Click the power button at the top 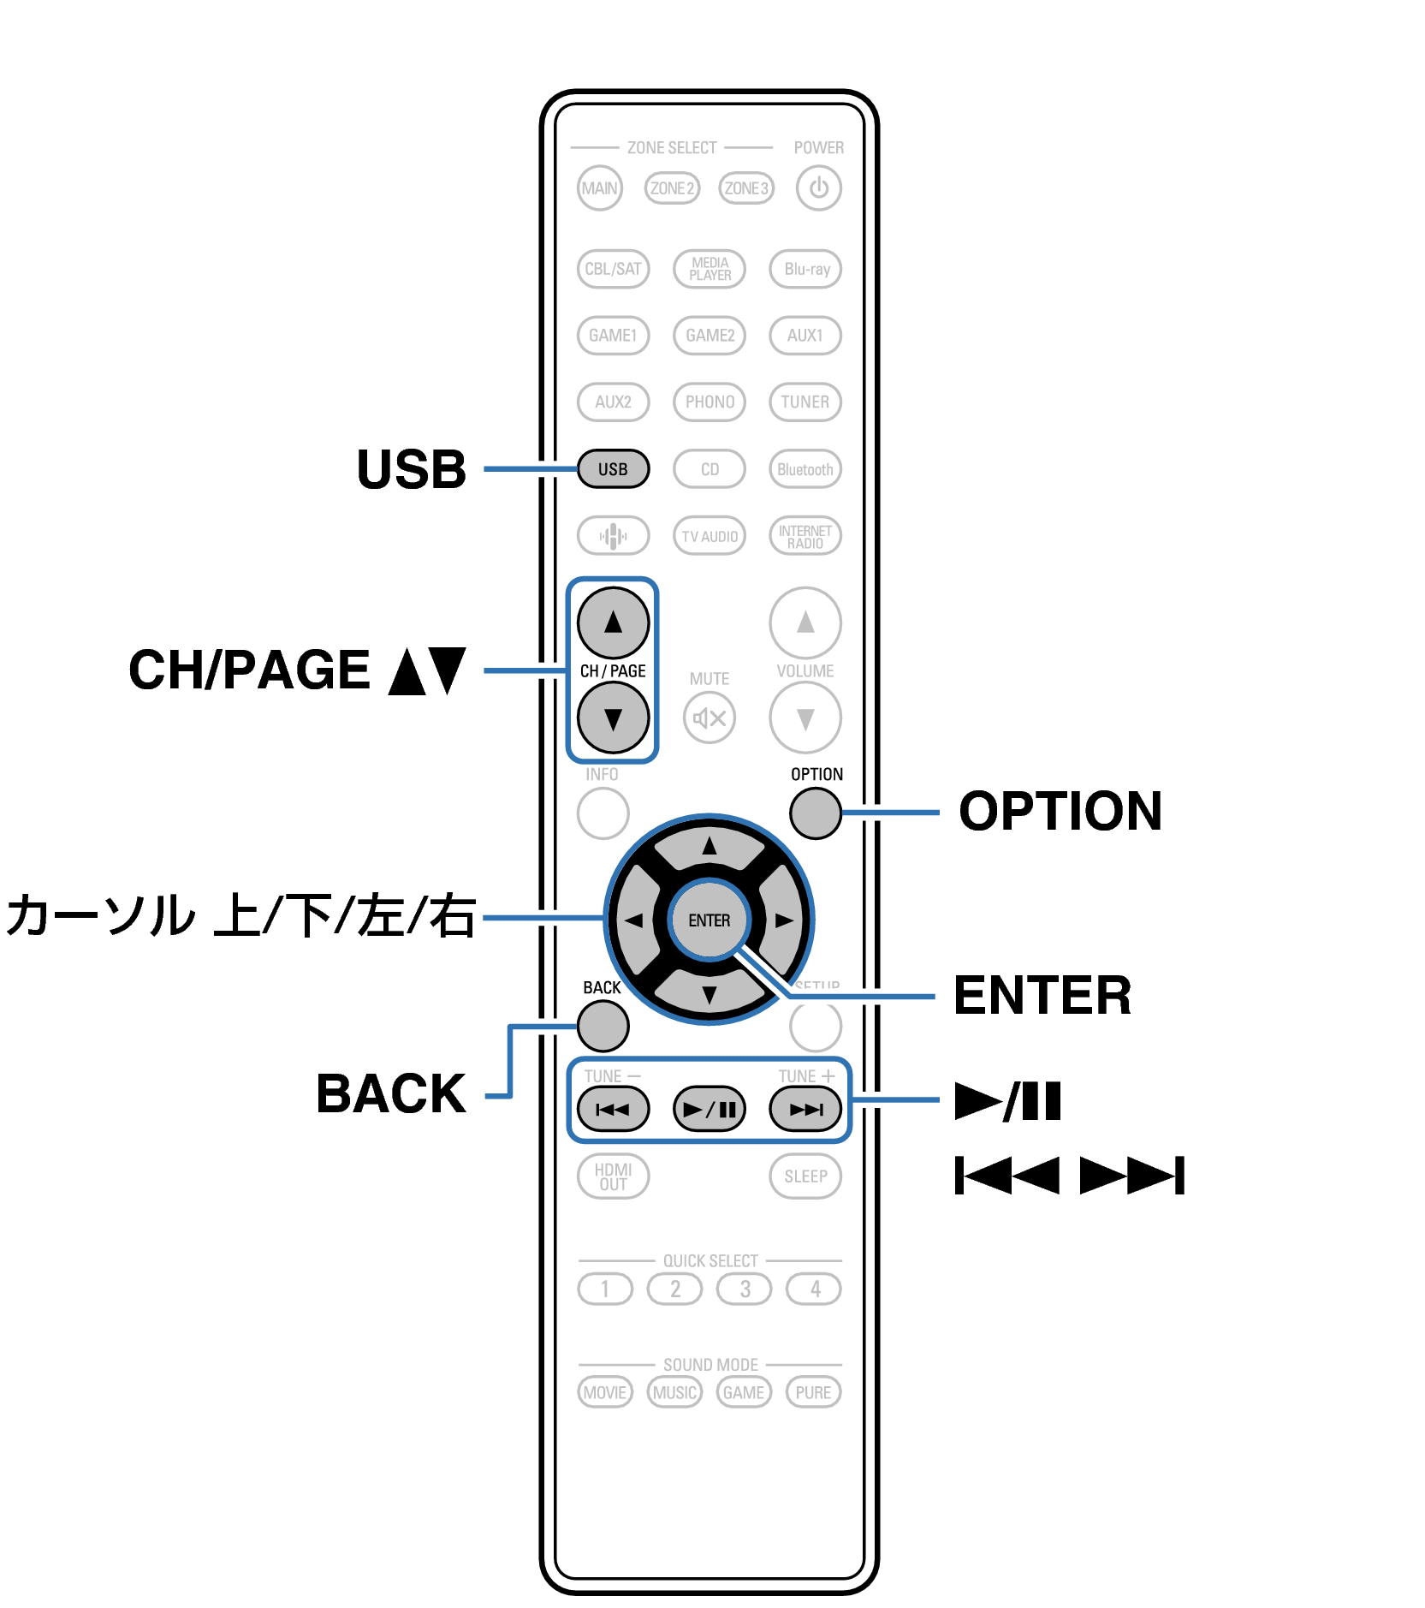(x=818, y=188)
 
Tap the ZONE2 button (x=672, y=188)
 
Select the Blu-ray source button (x=805, y=269)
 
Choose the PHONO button (x=710, y=402)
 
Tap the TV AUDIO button (x=710, y=536)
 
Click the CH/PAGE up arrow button (x=613, y=622)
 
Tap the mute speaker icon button (x=710, y=718)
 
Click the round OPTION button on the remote (x=815, y=813)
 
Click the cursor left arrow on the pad (x=634, y=920)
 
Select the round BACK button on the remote (x=603, y=1025)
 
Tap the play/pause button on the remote (x=710, y=1110)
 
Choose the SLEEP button (x=805, y=1176)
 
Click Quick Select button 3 (x=745, y=1289)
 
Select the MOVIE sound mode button (x=604, y=1392)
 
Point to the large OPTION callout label (x=1060, y=811)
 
